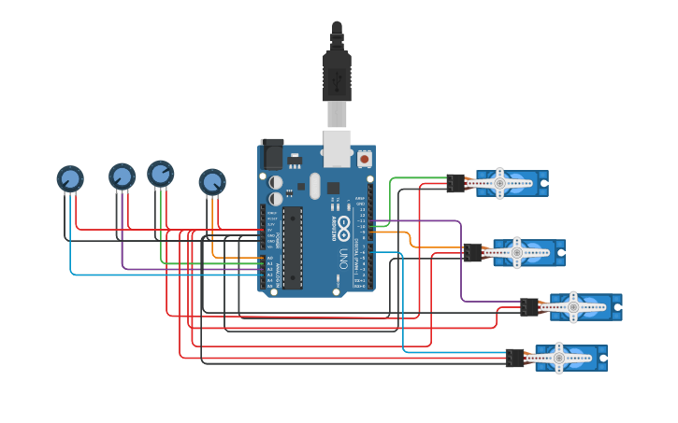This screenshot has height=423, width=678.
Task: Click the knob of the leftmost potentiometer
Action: pos(70,178)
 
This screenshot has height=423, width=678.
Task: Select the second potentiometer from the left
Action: pos(122,176)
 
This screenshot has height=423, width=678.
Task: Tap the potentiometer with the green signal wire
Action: pos(161,174)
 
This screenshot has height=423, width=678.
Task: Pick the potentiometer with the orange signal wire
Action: pos(212,181)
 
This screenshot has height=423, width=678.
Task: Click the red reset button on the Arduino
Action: pos(364,160)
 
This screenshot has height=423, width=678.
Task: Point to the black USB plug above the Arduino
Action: pos(337,75)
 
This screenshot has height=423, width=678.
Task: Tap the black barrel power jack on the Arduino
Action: pos(271,153)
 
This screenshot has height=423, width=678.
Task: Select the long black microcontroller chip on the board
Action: pos(293,247)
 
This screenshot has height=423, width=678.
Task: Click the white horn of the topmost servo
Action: pos(500,184)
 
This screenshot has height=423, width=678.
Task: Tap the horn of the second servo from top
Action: pos(516,252)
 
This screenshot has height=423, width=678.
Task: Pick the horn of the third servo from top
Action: pos(573,306)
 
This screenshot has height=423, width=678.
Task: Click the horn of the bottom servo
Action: pos(559,358)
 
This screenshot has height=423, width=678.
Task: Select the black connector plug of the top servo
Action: pos(455,184)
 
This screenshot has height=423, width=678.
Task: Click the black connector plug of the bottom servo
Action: pos(514,358)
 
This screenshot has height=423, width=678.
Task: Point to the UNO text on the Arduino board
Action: pos(343,258)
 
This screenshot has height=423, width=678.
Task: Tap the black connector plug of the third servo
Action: pos(529,306)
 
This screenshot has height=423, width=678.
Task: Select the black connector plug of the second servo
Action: pos(472,252)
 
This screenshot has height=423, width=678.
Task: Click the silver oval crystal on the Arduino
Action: pos(315,184)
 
